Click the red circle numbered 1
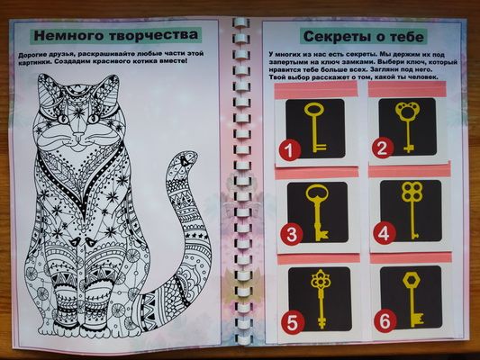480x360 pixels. [x=288, y=150]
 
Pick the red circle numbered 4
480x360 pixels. [x=385, y=234]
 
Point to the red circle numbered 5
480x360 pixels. [x=290, y=319]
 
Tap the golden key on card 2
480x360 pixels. [x=407, y=124]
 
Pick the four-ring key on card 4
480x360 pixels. [x=411, y=209]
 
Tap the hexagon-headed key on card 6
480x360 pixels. [x=412, y=294]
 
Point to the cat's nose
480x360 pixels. [x=83, y=139]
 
